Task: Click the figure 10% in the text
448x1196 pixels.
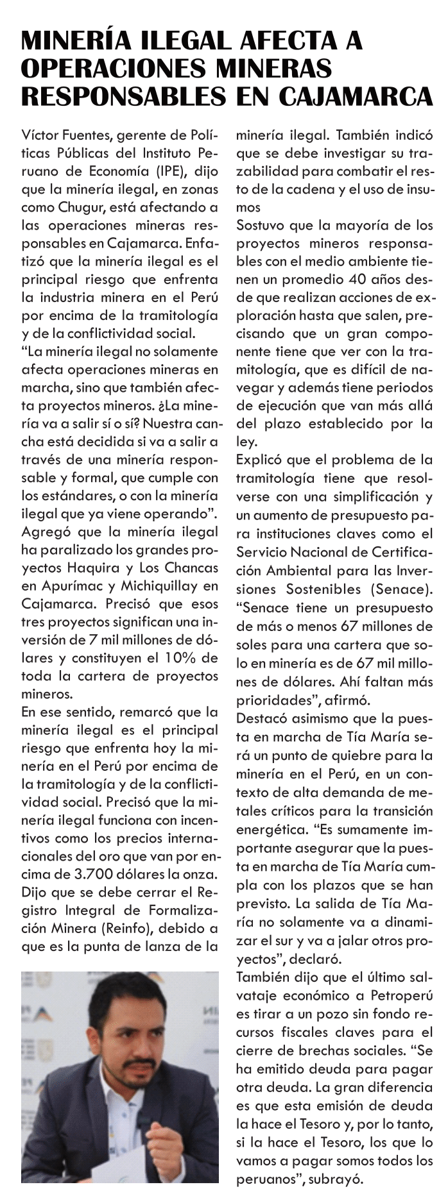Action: [x=184, y=658]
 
